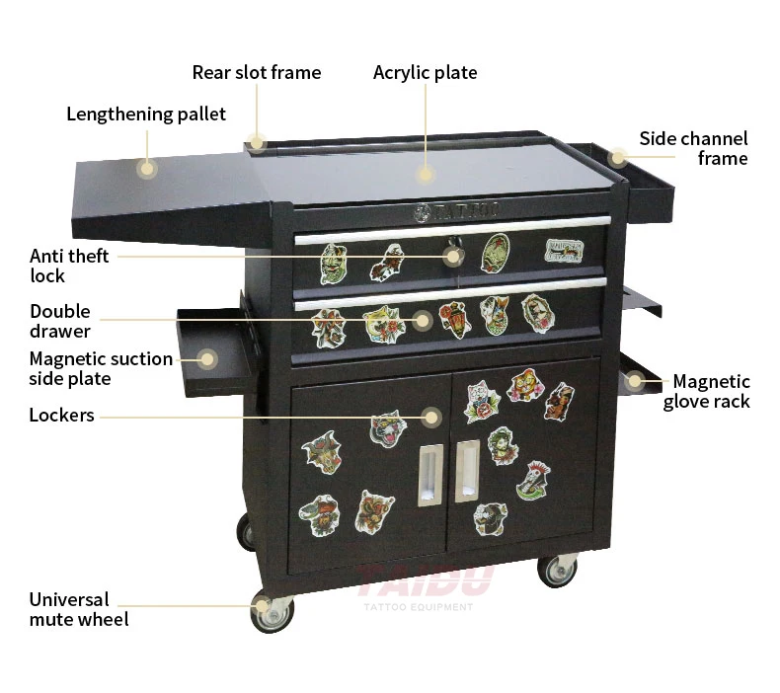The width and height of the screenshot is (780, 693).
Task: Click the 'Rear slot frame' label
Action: point(256,72)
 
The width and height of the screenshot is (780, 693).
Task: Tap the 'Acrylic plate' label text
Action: point(425,72)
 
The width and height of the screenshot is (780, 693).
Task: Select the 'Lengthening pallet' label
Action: point(146,114)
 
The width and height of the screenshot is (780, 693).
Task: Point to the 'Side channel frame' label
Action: point(693,148)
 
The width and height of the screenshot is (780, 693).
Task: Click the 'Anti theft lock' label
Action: point(69,266)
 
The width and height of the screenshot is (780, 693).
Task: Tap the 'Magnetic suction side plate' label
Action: point(101,368)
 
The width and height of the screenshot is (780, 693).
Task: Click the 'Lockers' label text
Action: point(61,416)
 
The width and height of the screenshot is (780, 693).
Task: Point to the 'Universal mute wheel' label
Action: point(79,609)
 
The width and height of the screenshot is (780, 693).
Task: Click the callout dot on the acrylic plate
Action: point(425,175)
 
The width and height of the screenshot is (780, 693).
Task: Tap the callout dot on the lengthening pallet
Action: point(147,169)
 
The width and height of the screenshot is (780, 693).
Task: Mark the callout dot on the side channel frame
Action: point(618,157)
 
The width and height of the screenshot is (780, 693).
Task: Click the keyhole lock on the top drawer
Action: point(454,256)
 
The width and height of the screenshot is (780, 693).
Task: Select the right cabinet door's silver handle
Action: point(467,472)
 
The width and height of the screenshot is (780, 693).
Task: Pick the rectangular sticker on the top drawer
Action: point(562,250)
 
